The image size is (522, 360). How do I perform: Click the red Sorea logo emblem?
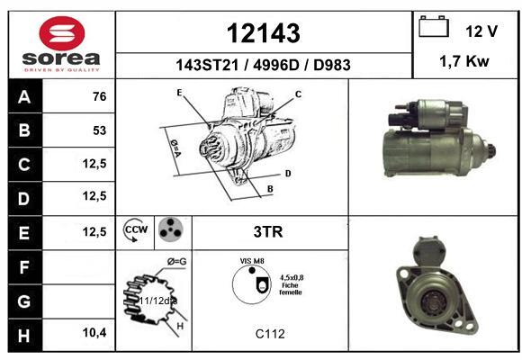pyautogui.click(x=62, y=33)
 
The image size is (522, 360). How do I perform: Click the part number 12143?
pyautogui.click(x=264, y=33)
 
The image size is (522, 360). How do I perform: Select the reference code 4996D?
pyautogui.click(x=276, y=65)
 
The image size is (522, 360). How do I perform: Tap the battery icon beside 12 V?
pyautogui.click(x=434, y=26)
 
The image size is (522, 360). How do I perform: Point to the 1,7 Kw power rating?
pyautogui.click(x=464, y=61)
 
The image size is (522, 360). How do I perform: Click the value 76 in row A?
pyautogui.click(x=100, y=96)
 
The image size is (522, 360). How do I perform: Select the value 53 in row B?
pyautogui.click(x=100, y=130)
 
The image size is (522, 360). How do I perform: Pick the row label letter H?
pyautogui.click(x=24, y=336)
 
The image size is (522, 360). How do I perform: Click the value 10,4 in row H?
pyautogui.click(x=94, y=333)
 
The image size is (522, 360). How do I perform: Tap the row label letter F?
pyautogui.click(x=24, y=267)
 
